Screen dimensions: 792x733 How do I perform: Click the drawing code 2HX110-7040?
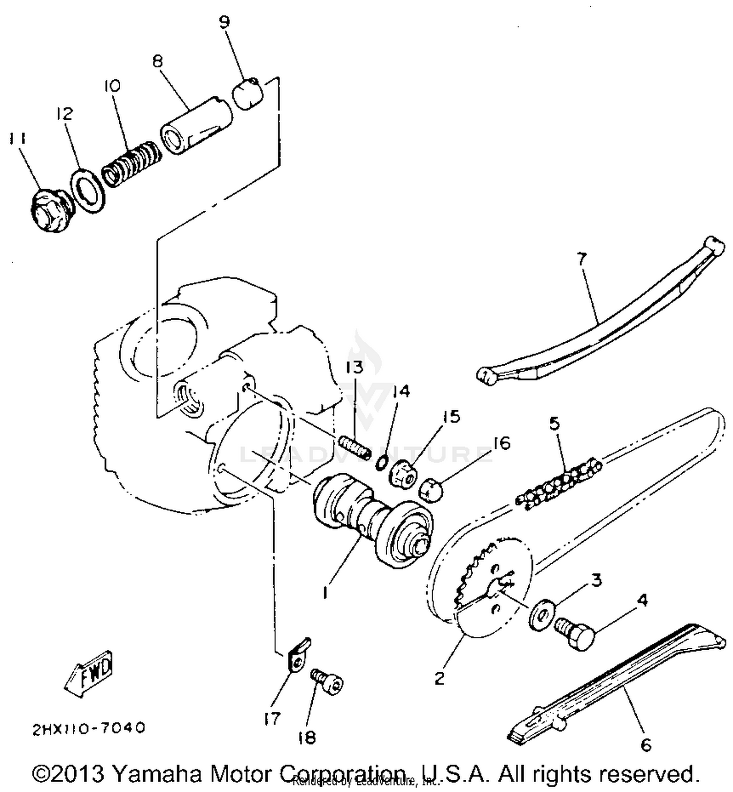[x=89, y=728]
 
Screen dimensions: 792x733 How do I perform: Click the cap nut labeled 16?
[x=431, y=489]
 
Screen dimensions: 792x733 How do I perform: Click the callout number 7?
[x=582, y=258]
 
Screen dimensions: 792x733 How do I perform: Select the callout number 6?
[x=646, y=745]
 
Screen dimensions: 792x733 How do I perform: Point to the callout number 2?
[x=439, y=679]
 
